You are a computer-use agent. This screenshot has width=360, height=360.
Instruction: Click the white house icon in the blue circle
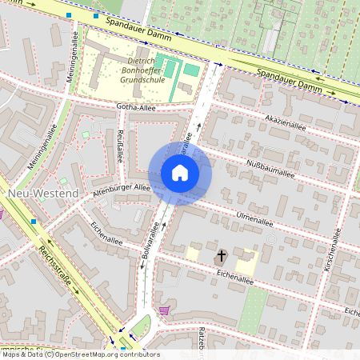[x=180, y=173]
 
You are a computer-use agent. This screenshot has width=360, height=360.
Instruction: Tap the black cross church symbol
[x=222, y=256]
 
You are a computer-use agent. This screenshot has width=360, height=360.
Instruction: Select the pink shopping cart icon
[x=165, y=310]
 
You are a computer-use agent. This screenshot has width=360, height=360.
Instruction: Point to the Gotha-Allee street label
[x=135, y=107]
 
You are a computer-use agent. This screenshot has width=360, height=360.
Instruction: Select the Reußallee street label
[x=120, y=146]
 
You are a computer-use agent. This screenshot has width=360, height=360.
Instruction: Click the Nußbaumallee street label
[x=271, y=167]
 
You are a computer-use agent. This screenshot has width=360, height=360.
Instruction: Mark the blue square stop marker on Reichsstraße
[x=34, y=221]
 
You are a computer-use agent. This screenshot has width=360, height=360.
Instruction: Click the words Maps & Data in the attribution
[x=27, y=354]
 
